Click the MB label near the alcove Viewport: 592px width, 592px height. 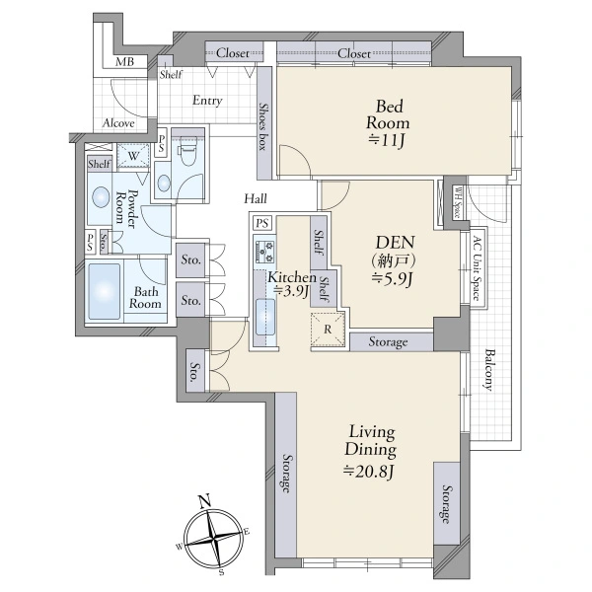pyautogui.click(x=124, y=61)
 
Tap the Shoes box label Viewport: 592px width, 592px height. pyautogui.click(x=263, y=126)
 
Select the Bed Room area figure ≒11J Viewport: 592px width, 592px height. pyautogui.click(x=387, y=141)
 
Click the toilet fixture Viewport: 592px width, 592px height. pyautogui.click(x=187, y=150)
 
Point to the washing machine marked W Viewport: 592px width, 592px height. pyautogui.click(x=133, y=156)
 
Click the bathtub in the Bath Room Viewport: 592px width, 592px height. pyautogui.click(x=105, y=291)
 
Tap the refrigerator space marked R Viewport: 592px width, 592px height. pyautogui.click(x=328, y=330)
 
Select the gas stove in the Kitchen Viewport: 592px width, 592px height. pyautogui.click(x=265, y=253)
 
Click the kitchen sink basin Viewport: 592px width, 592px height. pyautogui.click(x=265, y=317)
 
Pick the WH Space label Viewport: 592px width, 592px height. pyautogui.click(x=458, y=203)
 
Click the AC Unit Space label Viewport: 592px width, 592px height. pyautogui.click(x=477, y=268)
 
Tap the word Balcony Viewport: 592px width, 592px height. pyautogui.click(x=489, y=370)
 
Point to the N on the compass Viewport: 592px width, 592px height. pyautogui.click(x=205, y=502)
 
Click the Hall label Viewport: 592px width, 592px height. pyautogui.click(x=256, y=198)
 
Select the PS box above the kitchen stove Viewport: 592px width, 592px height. pyautogui.click(x=262, y=223)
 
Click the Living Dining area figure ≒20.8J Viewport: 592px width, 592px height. pyautogui.click(x=369, y=471)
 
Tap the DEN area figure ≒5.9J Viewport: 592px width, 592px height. pyautogui.click(x=393, y=279)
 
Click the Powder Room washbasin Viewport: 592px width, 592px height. pyautogui.click(x=100, y=197)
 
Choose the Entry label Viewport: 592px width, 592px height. pyautogui.click(x=207, y=101)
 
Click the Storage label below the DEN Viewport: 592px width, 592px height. pyautogui.click(x=388, y=342)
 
